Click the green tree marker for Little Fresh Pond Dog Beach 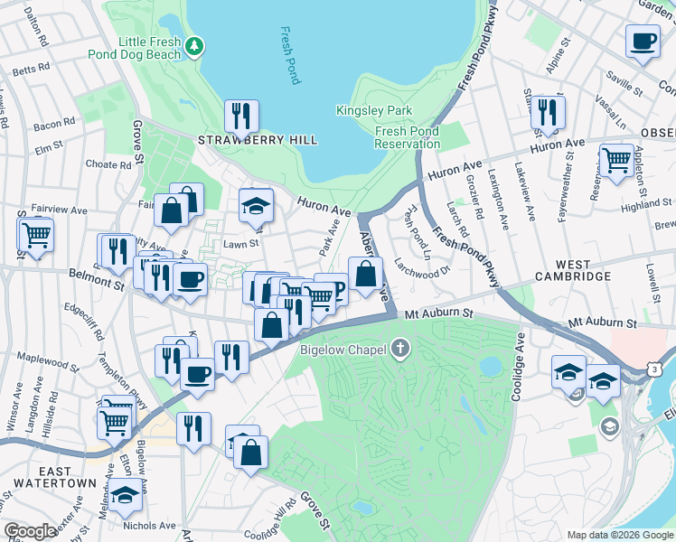(194, 45)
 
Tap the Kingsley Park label (374, 110)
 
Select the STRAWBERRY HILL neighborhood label (258, 140)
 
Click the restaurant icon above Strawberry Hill (241, 115)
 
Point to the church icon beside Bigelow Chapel (399, 349)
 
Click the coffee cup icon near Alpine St (643, 41)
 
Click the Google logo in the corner (30, 531)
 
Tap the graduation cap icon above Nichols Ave (125, 496)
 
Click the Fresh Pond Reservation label (407, 137)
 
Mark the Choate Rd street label (108, 165)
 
